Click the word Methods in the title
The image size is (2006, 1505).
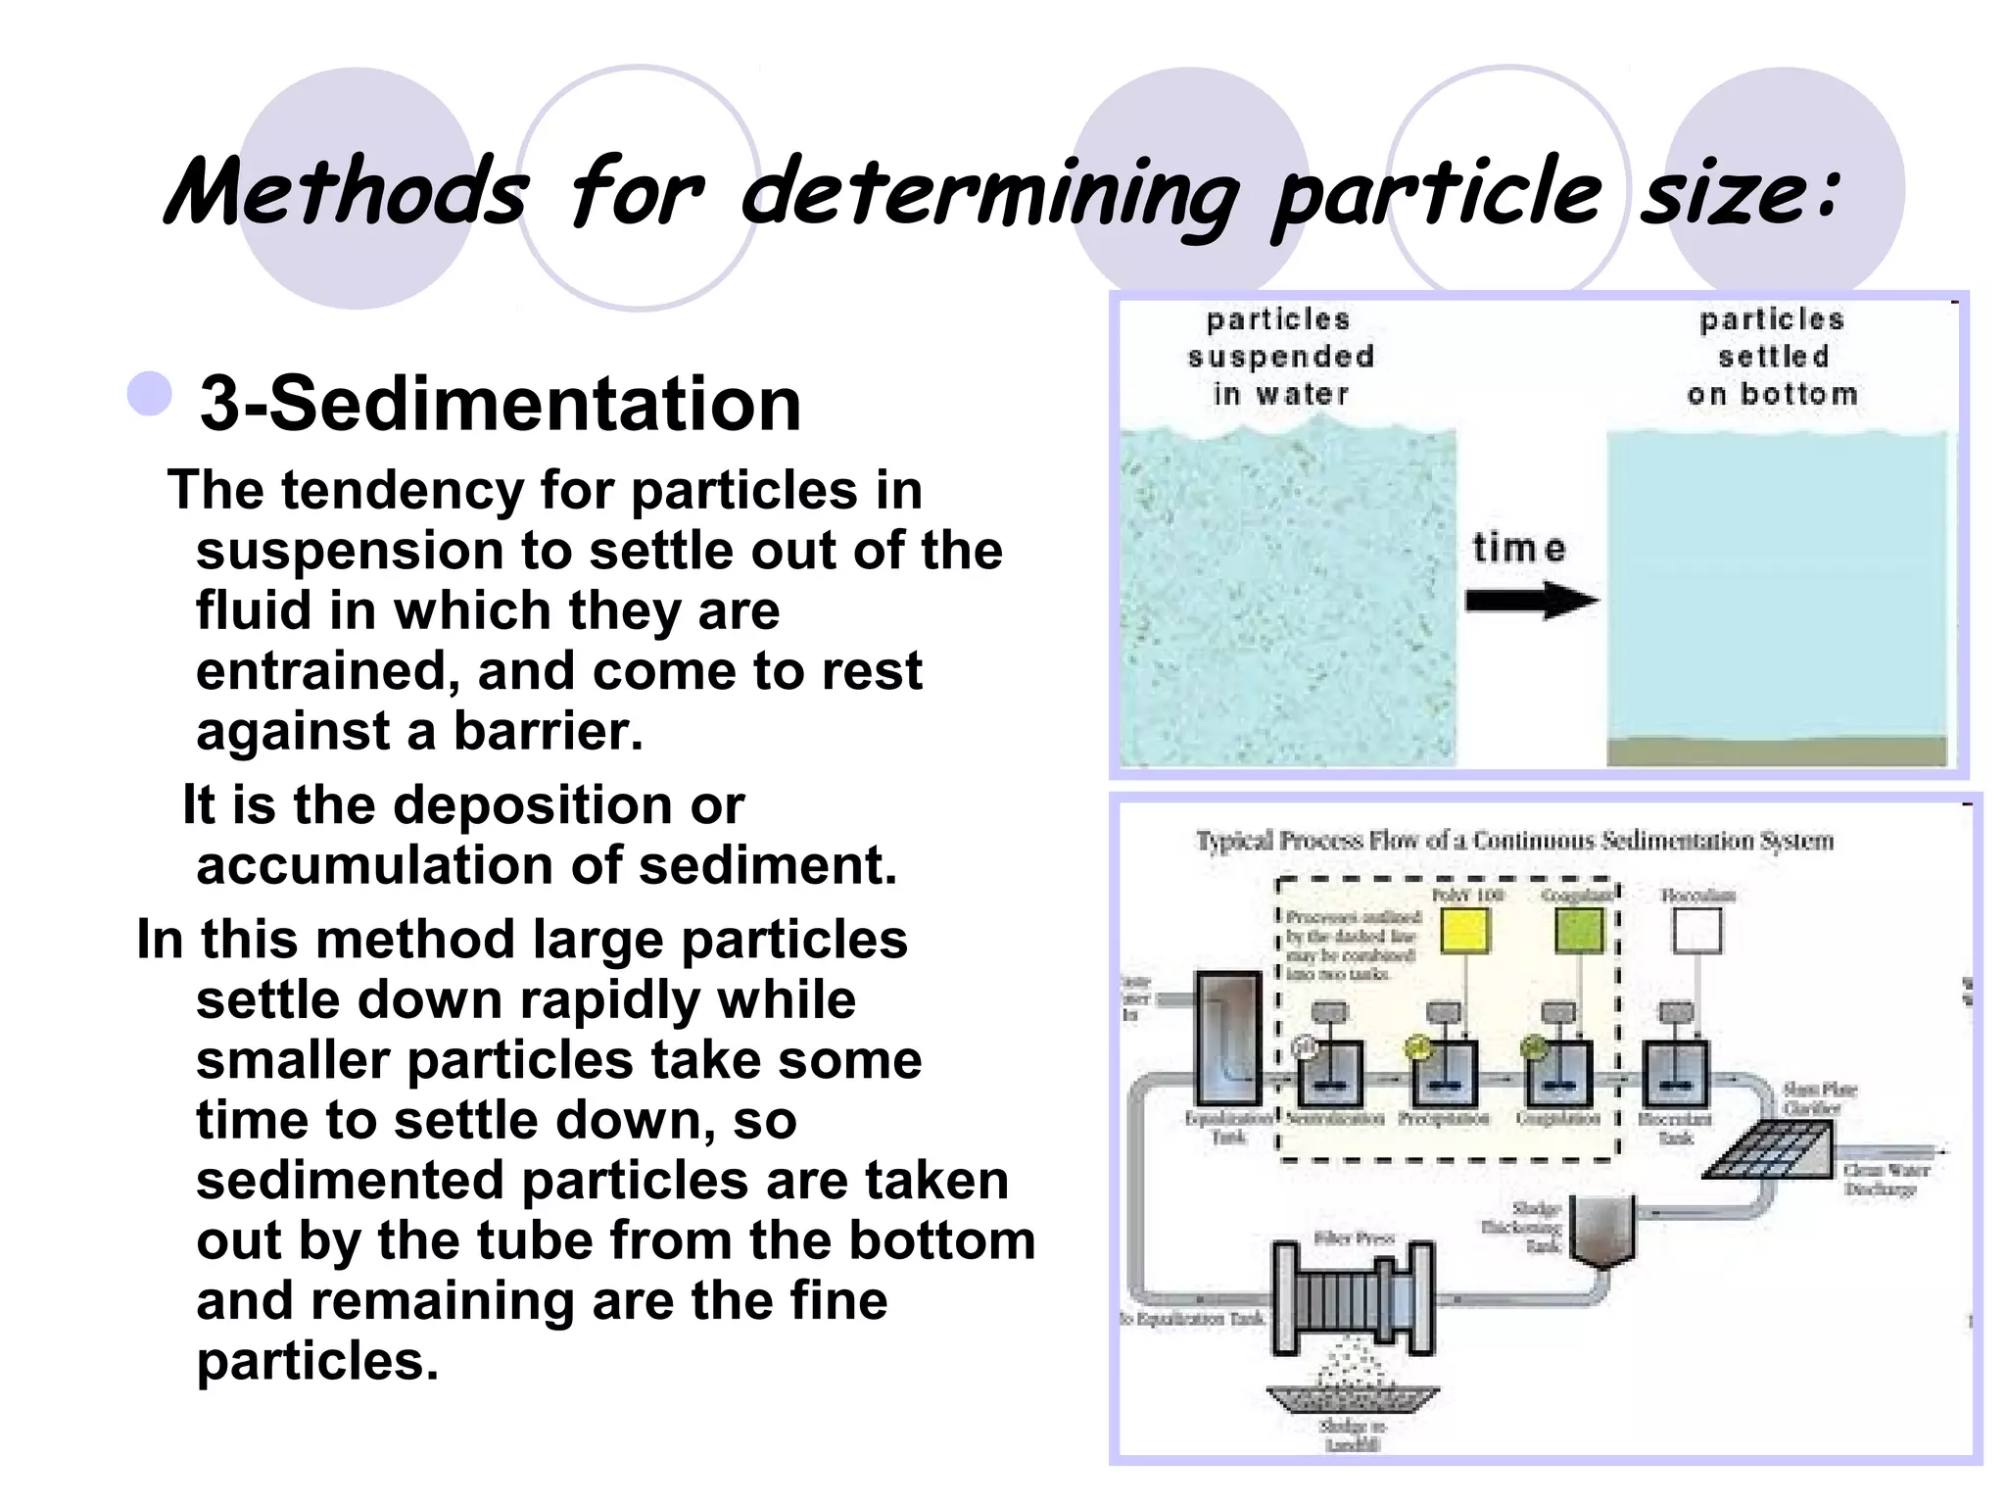click(x=348, y=191)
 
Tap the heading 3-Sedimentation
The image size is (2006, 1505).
click(x=501, y=403)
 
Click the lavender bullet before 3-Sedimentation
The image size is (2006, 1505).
click(x=150, y=394)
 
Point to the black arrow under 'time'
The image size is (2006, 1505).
click(x=1531, y=600)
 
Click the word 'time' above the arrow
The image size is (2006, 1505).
click(x=1519, y=548)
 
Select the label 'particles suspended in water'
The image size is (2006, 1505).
click(x=1280, y=357)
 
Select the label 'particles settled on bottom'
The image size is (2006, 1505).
click(x=1772, y=357)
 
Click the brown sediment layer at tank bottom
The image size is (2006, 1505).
click(x=1776, y=752)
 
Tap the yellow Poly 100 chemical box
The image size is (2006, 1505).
click(x=1465, y=931)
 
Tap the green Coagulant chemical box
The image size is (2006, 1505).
click(x=1579, y=931)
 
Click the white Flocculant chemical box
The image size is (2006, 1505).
click(x=1696, y=931)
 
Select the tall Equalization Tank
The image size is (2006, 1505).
click(x=1228, y=1039)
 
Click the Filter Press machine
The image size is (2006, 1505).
click(x=1353, y=1298)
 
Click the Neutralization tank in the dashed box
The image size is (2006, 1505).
click(x=1330, y=1074)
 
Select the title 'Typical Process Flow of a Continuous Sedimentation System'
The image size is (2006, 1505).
click(x=1513, y=841)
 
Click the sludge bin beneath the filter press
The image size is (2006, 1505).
click(x=1353, y=1399)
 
